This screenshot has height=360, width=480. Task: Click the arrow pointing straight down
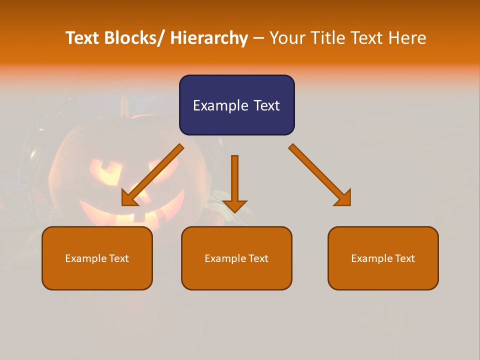(234, 180)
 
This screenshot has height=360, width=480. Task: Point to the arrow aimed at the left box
(152, 175)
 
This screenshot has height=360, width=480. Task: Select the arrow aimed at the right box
(320, 175)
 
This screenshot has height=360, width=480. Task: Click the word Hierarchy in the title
(209, 38)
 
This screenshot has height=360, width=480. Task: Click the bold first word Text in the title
(83, 38)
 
